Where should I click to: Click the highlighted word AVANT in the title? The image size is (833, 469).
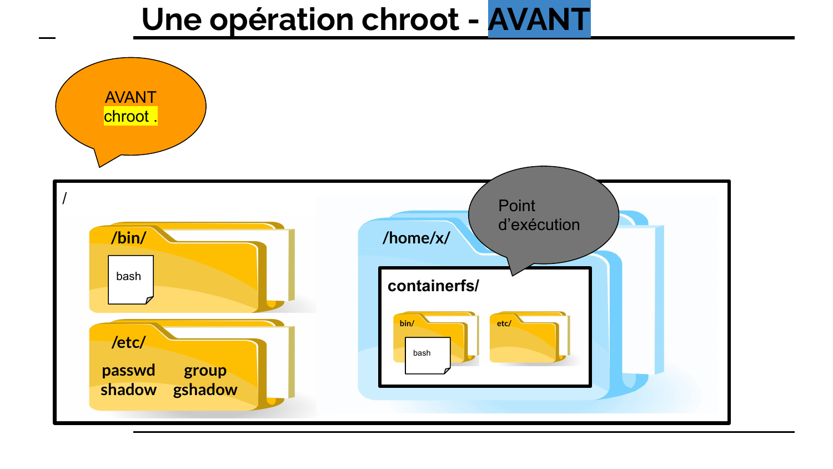[x=539, y=19]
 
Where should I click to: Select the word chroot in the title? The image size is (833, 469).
[x=410, y=19]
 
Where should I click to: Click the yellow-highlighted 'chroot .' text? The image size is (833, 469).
[x=131, y=116]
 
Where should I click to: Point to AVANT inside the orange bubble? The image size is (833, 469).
[x=131, y=97]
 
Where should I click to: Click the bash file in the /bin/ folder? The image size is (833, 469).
[x=131, y=280]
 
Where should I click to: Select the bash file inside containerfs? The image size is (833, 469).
[x=428, y=355]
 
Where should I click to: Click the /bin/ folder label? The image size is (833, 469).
[x=129, y=238]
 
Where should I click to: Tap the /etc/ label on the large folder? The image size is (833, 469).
[x=129, y=342]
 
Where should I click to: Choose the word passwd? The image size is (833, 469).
[x=128, y=370]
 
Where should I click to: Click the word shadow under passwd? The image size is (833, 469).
[x=128, y=390]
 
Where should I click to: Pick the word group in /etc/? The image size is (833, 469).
[x=205, y=371]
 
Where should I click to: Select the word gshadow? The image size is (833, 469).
[x=205, y=390]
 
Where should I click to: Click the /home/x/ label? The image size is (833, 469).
[x=416, y=238]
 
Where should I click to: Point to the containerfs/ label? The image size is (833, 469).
[x=433, y=286]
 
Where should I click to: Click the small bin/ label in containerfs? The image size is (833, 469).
[x=407, y=323]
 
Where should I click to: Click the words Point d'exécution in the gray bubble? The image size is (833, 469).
[x=539, y=214]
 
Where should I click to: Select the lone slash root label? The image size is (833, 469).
[x=65, y=198]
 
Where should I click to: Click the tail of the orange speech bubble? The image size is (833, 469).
[x=99, y=166]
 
